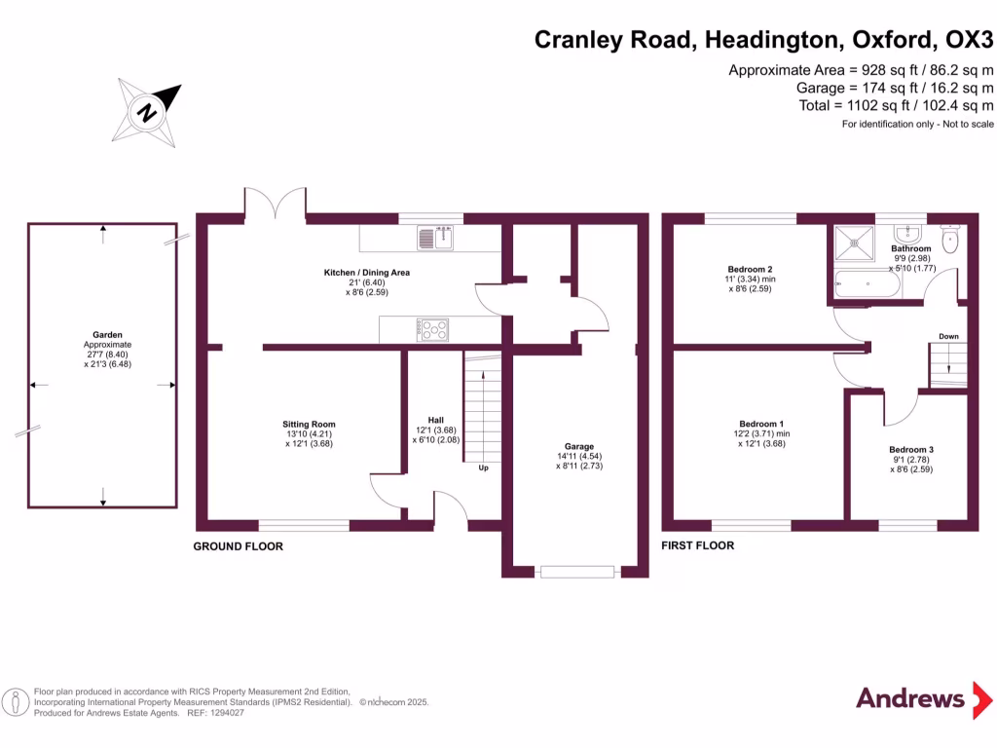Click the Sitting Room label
[309, 425]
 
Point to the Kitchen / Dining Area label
[366, 273]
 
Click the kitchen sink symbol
[436, 238]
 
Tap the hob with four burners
[433, 329]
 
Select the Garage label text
[579, 446]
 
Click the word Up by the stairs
[482, 468]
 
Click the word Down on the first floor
[948, 336]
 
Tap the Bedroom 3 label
[910, 449]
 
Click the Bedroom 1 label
[760, 424]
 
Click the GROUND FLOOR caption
[238, 546]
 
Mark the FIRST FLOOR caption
[697, 545]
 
